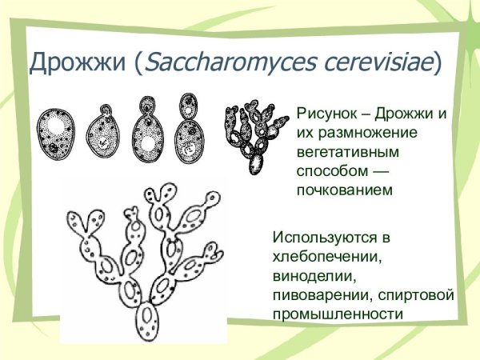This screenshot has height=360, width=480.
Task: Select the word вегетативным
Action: [343, 151]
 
